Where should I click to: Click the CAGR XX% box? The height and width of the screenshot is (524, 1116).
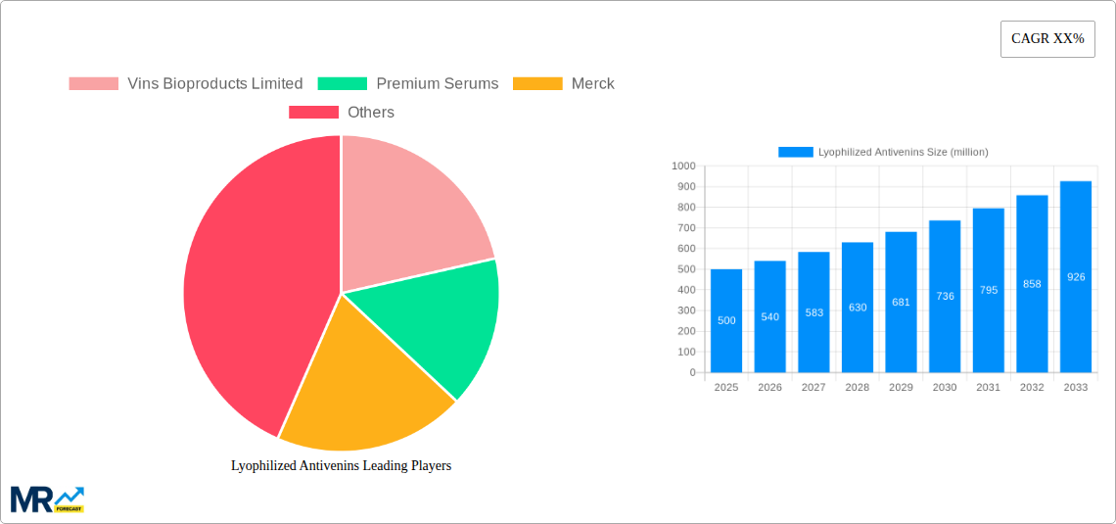(1047, 39)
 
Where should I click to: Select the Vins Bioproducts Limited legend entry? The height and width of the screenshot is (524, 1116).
(186, 84)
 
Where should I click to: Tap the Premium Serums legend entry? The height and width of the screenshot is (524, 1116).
(408, 84)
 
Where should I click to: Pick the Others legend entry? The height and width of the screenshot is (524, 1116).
(342, 113)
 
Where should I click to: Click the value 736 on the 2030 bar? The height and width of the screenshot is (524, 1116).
(945, 296)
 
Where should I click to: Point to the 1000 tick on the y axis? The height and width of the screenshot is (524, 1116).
(683, 167)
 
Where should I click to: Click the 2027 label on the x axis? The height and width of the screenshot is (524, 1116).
(814, 388)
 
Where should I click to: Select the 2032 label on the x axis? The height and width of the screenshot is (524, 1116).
(1032, 388)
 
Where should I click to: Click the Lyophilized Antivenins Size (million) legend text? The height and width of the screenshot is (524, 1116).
(903, 152)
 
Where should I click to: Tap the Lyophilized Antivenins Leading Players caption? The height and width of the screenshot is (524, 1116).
(341, 466)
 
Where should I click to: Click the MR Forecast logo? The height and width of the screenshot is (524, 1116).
(47, 500)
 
